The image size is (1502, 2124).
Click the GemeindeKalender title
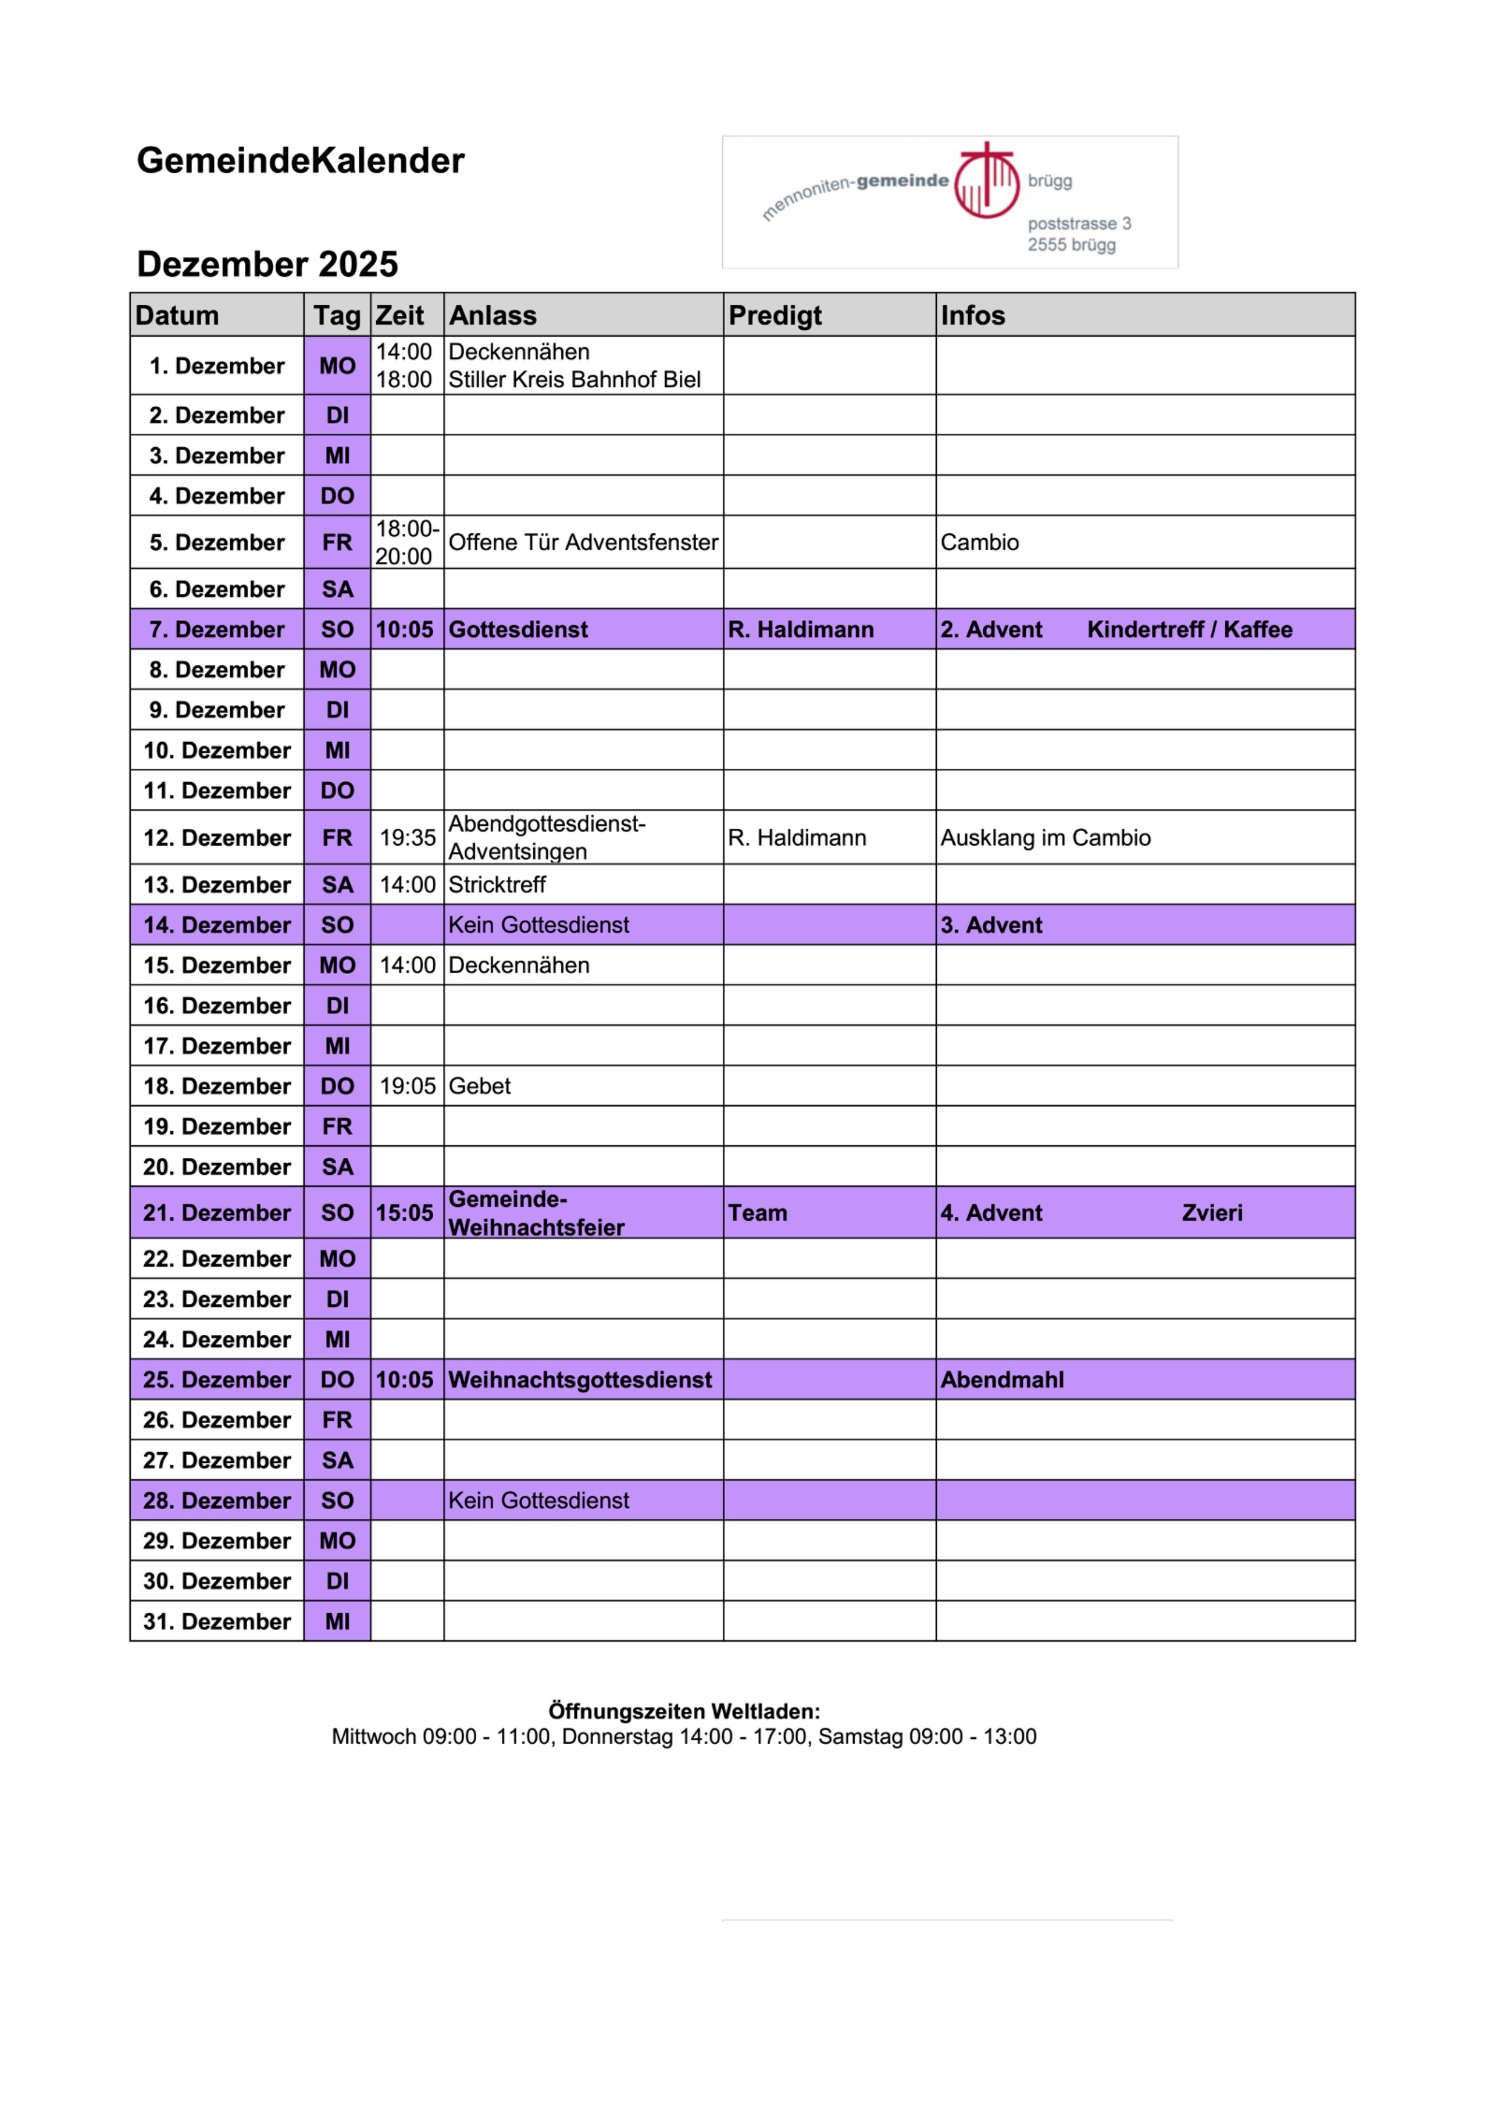pos(301,161)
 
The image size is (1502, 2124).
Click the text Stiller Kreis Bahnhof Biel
pos(575,380)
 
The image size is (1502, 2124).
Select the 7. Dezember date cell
pos(217,629)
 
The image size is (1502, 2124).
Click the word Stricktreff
pos(497,885)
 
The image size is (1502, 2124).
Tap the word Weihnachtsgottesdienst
pos(580,1380)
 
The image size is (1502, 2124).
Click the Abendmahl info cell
pos(1002,1380)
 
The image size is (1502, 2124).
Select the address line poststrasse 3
pos(1079,224)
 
